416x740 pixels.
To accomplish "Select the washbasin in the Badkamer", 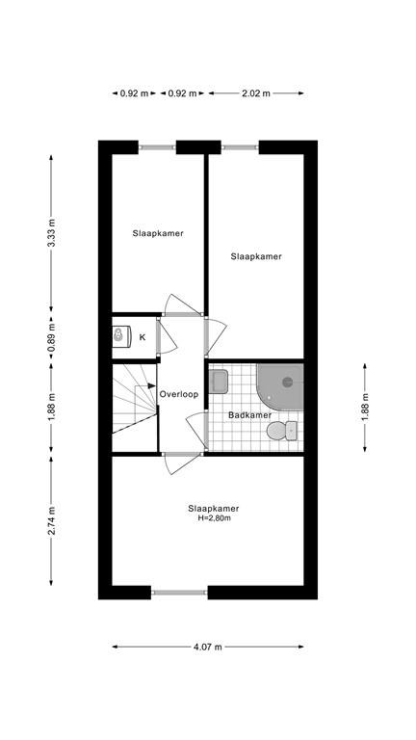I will point(219,381).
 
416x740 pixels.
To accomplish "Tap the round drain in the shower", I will point(285,382).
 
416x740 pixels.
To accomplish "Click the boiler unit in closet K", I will point(120,336).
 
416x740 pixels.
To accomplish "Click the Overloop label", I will point(179,394).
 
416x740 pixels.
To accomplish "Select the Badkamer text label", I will point(247,415).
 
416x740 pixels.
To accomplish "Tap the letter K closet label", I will point(143,337).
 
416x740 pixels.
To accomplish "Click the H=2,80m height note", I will point(214,519).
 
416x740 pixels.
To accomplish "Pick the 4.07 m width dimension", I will point(208,647).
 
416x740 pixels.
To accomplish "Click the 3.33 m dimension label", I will point(52,233).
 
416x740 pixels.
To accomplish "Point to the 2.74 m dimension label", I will point(52,522).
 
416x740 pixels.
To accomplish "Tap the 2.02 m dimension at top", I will point(256,93).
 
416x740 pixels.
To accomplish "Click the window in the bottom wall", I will point(179,593).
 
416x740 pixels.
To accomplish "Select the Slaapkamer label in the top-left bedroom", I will point(158,233).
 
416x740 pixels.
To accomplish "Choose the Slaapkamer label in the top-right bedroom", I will point(256,256).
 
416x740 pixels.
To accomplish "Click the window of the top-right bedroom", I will point(239,147).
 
